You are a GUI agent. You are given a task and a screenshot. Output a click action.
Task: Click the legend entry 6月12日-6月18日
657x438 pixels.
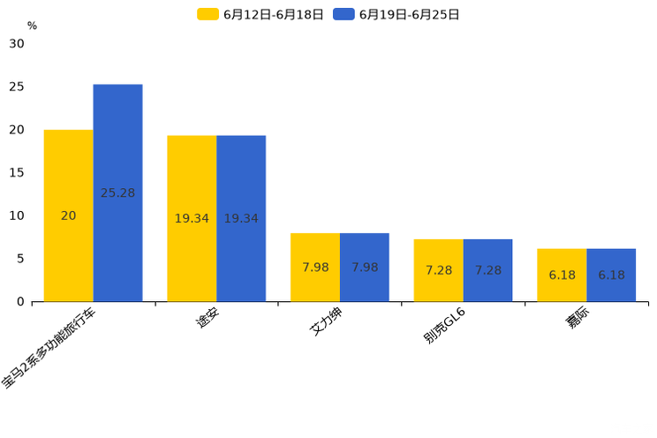click(261, 14)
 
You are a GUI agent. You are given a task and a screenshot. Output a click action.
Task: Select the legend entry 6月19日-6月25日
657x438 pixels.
click(396, 14)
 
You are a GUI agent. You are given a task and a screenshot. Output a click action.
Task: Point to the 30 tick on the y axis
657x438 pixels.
click(17, 43)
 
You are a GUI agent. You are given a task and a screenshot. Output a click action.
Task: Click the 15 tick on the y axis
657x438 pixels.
click(17, 172)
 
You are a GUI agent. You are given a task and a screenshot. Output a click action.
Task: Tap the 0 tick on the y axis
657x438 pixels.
click(20, 302)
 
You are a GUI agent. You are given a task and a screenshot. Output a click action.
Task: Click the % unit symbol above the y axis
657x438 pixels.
click(32, 26)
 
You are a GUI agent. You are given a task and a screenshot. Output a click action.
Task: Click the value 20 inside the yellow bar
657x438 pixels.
click(68, 215)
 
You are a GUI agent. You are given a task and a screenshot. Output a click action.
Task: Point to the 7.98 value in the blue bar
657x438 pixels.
click(365, 268)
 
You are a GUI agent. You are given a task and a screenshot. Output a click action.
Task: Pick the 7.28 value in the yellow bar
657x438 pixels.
click(438, 270)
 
